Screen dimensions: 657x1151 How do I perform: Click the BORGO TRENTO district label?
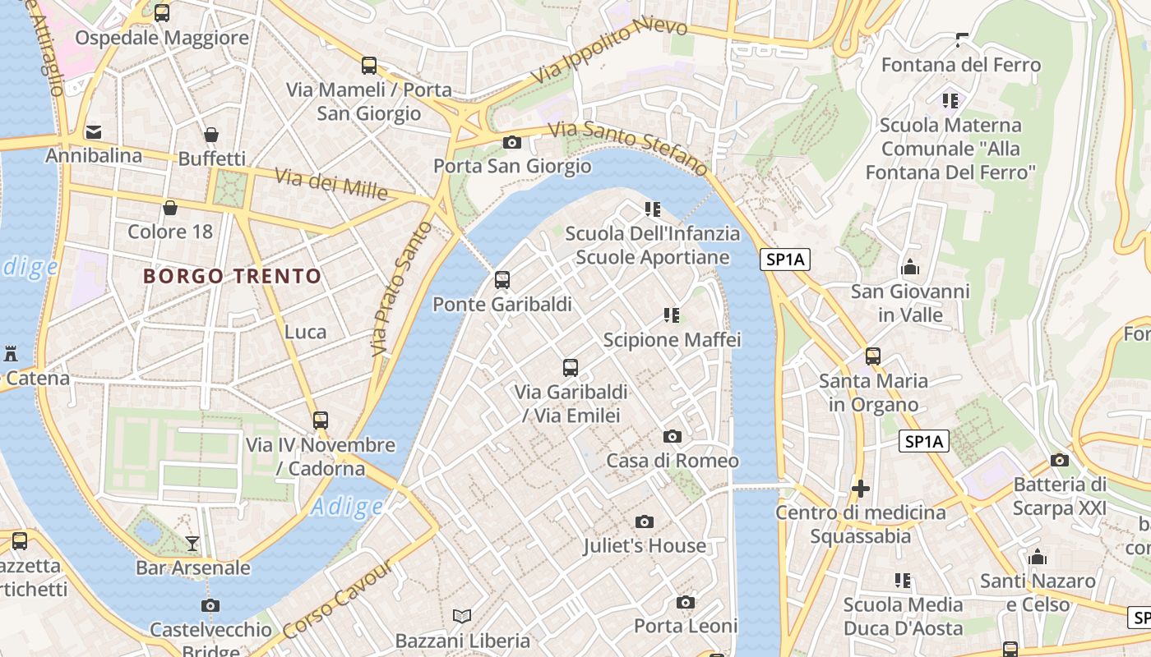[x=232, y=276]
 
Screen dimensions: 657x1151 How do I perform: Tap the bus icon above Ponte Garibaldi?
[x=502, y=280]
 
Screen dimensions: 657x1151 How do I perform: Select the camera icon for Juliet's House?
[x=645, y=521]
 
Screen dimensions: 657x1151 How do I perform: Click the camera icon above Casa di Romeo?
[x=673, y=436]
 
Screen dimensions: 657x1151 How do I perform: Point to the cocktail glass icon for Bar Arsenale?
[x=192, y=543]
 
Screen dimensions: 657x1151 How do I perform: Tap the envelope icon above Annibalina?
[x=94, y=131]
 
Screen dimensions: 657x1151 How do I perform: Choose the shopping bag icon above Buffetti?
[x=211, y=135]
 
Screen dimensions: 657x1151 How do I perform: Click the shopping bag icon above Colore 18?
[x=170, y=208]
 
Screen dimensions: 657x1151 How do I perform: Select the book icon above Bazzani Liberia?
[x=462, y=616]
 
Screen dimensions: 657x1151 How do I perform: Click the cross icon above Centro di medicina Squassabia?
[x=861, y=489]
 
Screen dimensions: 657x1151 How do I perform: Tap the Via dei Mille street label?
[x=331, y=184]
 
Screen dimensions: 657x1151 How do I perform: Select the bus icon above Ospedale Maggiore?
[x=162, y=13]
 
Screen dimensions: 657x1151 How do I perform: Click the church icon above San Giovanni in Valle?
[x=910, y=267]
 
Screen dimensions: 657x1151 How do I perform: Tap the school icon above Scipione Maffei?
[x=672, y=315]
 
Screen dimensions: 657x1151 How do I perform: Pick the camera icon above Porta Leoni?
[x=686, y=602]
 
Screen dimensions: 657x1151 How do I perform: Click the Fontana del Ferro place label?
[x=960, y=65]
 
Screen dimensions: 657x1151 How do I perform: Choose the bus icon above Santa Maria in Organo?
[x=872, y=356]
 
